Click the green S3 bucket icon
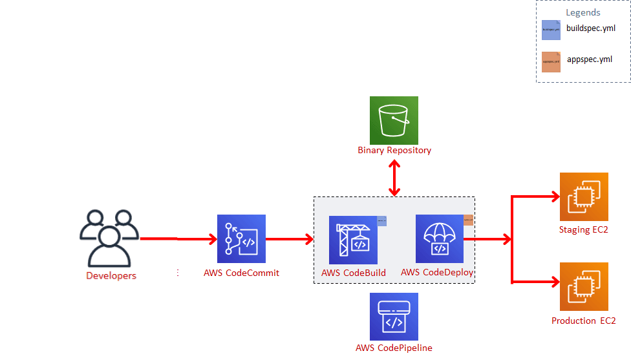394,120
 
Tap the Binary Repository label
394,151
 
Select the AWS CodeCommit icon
241,238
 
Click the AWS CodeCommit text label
241,273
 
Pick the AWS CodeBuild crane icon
353,240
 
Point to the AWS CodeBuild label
354,273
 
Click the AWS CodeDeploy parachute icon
440,238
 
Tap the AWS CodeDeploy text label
437,272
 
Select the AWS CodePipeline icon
394,317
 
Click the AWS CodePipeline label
394,348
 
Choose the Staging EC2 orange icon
584,196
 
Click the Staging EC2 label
584,229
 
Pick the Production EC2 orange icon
584,287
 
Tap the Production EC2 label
583,321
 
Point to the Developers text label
111,276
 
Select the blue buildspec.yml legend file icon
551,30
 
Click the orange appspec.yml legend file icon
551,61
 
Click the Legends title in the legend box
583,12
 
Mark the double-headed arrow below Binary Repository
394,176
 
